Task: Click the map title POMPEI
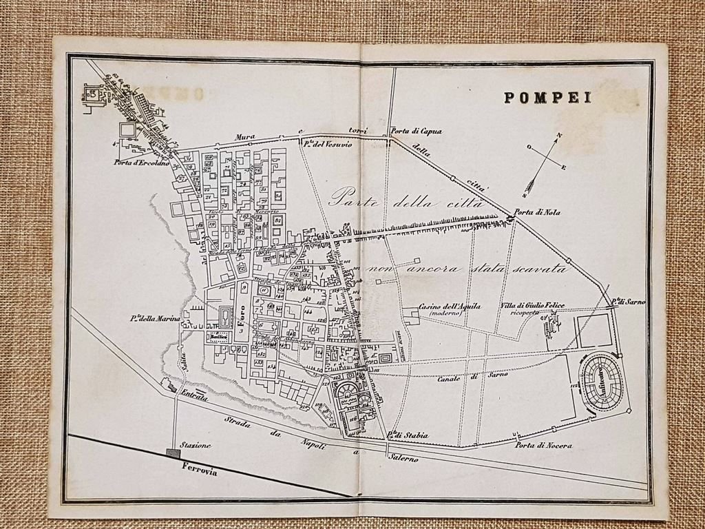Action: tap(547, 98)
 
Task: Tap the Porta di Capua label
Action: tap(415, 131)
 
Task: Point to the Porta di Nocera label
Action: tap(544, 445)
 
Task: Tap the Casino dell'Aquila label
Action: tap(450, 307)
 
